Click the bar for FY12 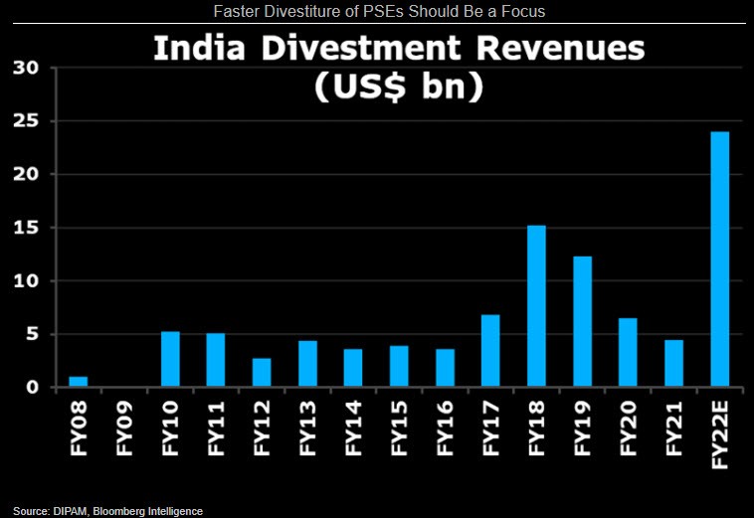[262, 372]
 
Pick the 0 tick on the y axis [32, 388]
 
